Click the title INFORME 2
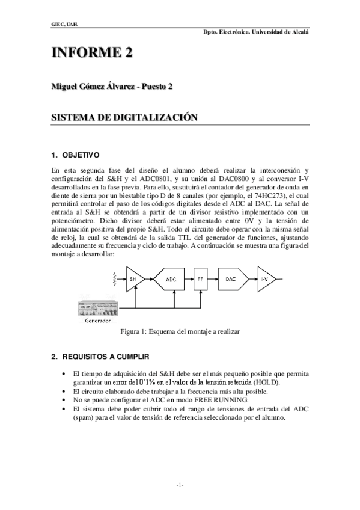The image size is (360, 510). tap(91, 53)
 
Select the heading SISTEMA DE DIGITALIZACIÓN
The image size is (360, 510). tap(124, 118)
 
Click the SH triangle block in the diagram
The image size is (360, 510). tap(133, 279)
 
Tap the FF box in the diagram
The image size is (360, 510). tap(201, 279)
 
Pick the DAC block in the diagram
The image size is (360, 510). tap(231, 279)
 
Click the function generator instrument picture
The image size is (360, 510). tap(98, 309)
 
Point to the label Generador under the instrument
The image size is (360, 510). tap(98, 321)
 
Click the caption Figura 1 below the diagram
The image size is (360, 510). tap(180, 331)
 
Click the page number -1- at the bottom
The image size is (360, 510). tap(180, 485)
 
